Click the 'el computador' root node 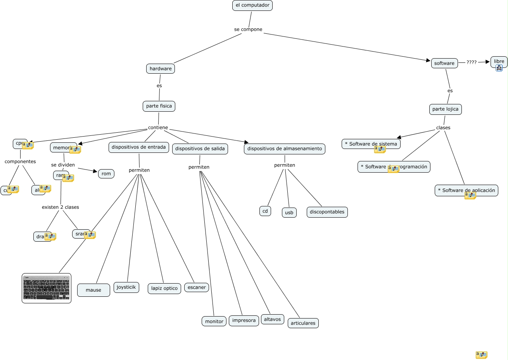tap(252, 5)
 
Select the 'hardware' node tap(161, 69)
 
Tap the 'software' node tap(444, 63)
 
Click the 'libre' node tap(499, 61)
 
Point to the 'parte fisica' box tap(159, 106)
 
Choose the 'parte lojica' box tap(445, 109)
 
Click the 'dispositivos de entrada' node tap(138, 147)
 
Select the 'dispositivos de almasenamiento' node tap(285, 149)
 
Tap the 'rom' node tap(106, 174)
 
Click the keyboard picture tap(47, 288)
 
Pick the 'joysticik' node tap(126, 287)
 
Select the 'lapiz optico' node tap(164, 288)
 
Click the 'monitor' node tap(214, 321)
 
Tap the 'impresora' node tap(244, 320)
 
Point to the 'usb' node tap(289, 213)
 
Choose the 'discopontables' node tap(327, 212)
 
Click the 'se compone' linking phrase tap(248, 29)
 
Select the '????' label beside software tap(472, 62)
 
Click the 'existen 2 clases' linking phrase tap(60, 207)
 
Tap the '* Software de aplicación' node tap(466, 190)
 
